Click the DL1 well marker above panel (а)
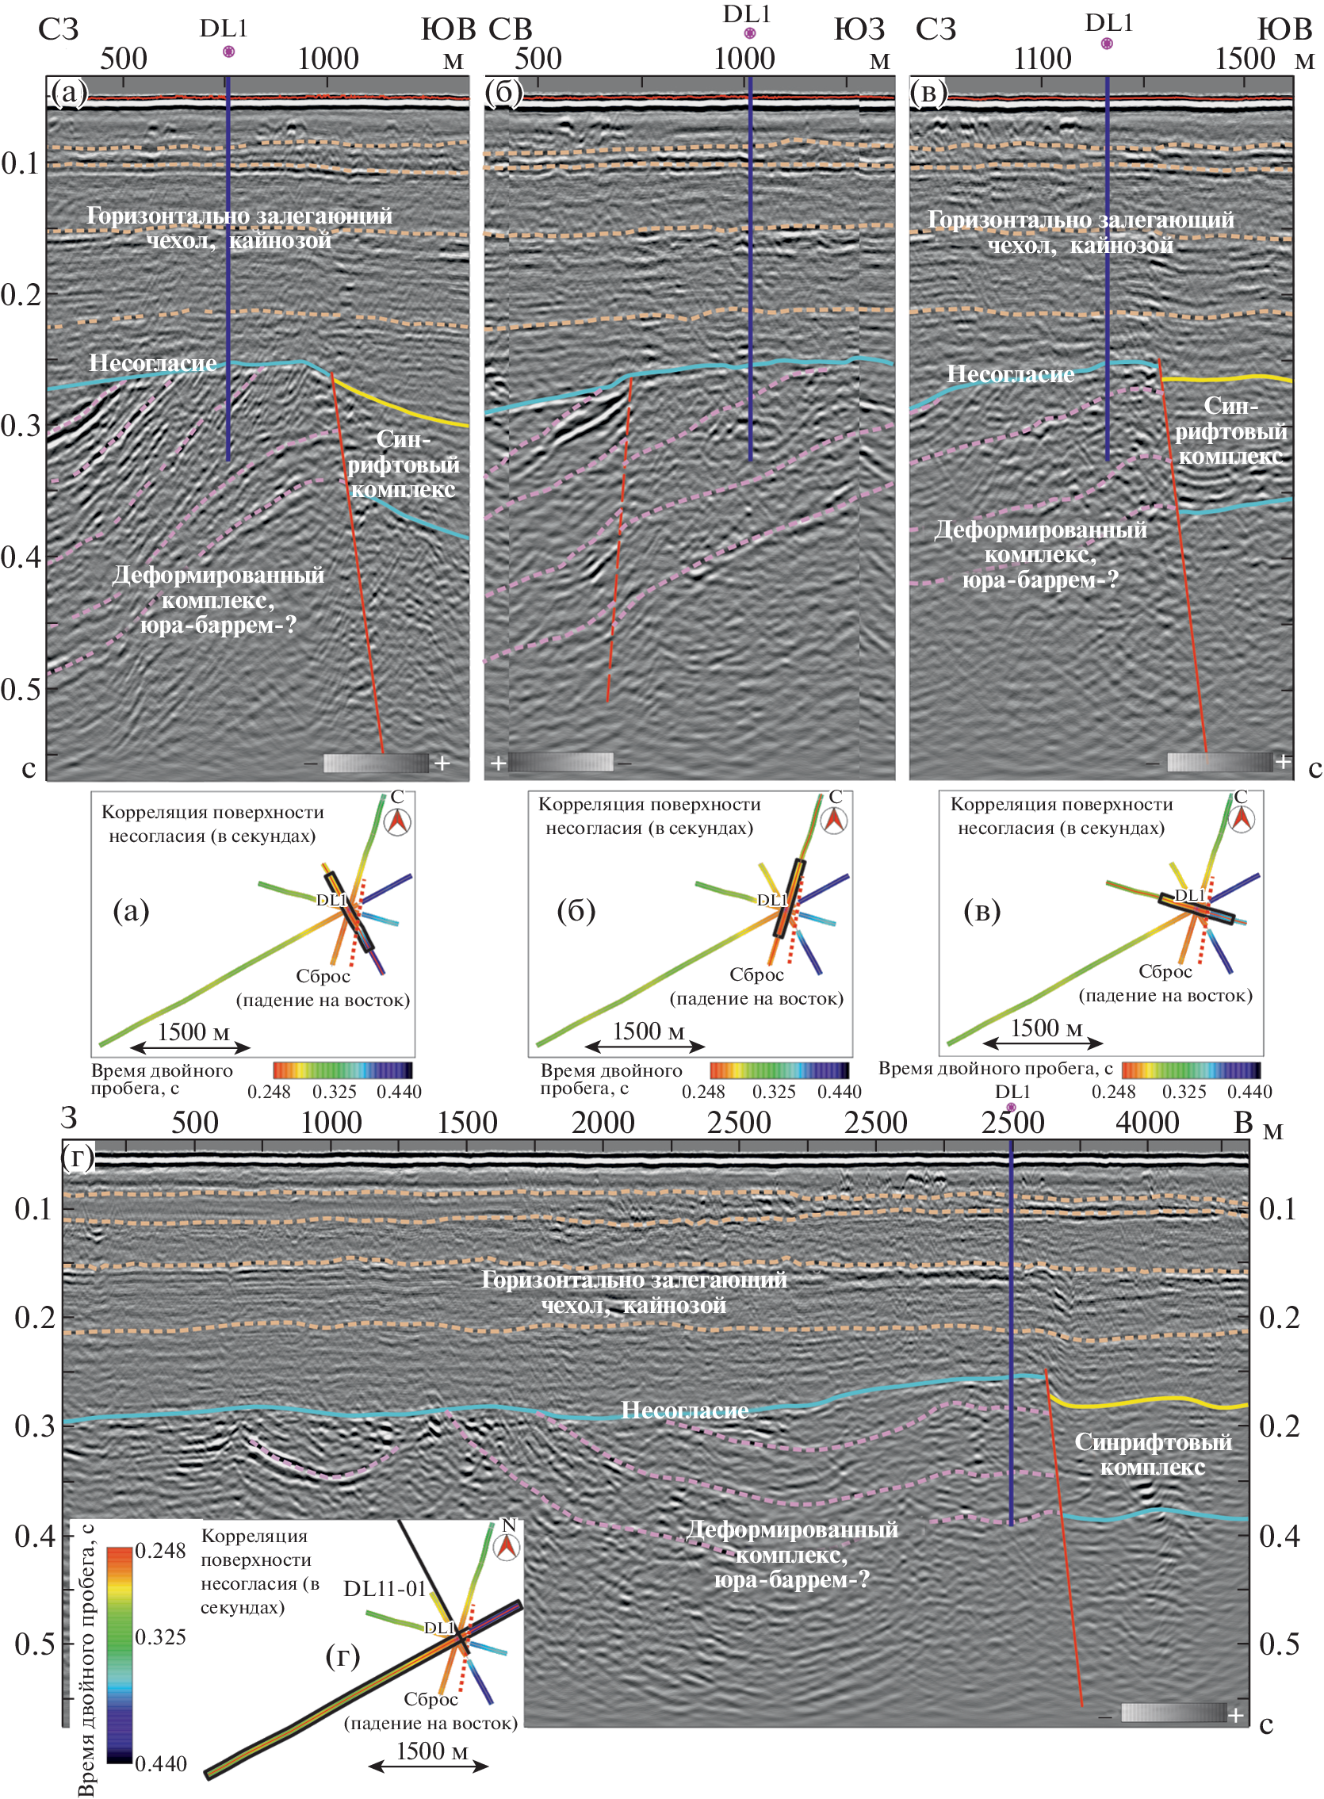click(228, 52)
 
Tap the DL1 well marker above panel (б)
click(749, 33)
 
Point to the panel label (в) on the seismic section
click(929, 93)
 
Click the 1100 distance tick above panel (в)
click(1042, 59)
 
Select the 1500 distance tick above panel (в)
click(1245, 59)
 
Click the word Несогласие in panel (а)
click(152, 363)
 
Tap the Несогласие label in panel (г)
click(684, 1410)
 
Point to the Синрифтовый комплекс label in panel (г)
click(1153, 1454)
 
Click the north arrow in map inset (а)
click(397, 821)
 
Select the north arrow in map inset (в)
click(1242, 818)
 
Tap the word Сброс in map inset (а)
click(323, 976)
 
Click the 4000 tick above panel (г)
click(1147, 1123)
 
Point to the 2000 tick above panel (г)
click(603, 1123)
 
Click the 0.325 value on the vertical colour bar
click(160, 1636)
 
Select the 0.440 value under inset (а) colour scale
click(399, 1092)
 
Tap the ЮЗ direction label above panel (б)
click(859, 29)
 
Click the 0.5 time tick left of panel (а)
click(21, 688)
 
